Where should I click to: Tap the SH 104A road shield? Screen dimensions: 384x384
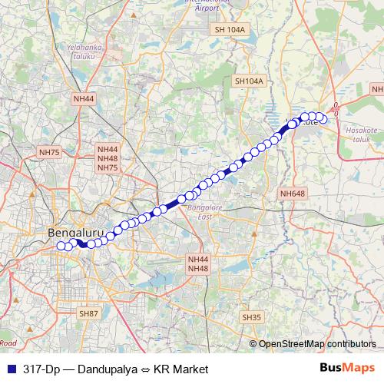tap(230, 29)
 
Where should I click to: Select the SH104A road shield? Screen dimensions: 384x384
tap(249, 81)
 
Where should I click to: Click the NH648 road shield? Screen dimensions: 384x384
tap(293, 194)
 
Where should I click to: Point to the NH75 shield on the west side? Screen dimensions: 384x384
tap(49, 153)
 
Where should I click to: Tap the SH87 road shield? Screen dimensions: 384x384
tap(89, 313)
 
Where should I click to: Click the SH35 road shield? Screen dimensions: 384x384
tap(252, 317)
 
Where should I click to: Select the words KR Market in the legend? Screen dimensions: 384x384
tap(180, 369)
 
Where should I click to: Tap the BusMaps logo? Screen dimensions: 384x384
tap(347, 368)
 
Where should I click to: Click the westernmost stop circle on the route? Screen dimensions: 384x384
tap(61, 246)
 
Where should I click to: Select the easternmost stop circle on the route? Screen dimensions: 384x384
tap(323, 118)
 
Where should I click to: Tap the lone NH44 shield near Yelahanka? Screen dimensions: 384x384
tap(84, 99)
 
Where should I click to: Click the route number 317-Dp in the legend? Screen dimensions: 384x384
tap(41, 369)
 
